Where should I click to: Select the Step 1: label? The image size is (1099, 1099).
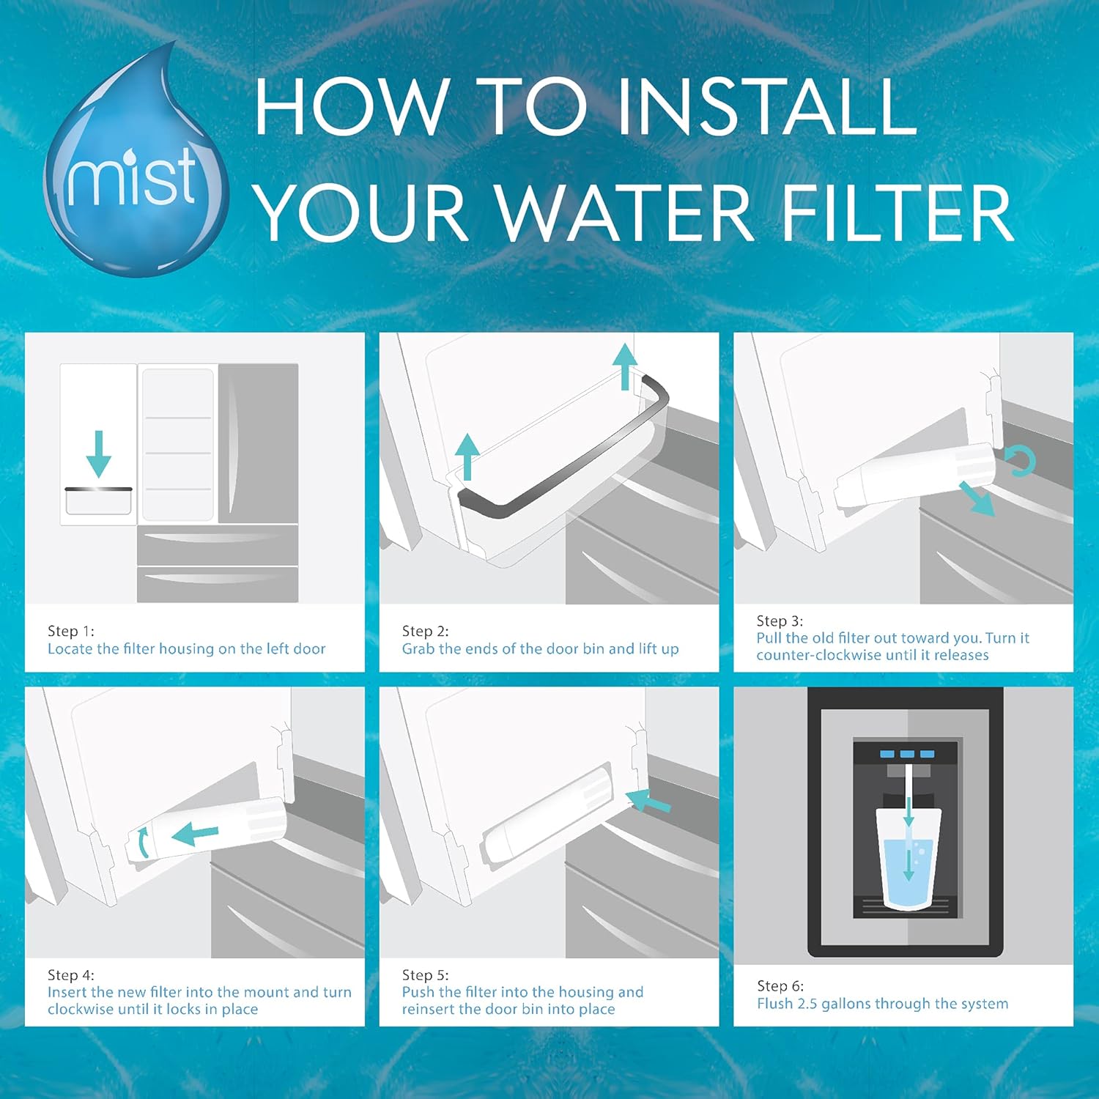tap(71, 631)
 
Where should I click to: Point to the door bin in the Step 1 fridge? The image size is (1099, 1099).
tap(98, 501)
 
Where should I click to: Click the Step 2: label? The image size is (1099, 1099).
tap(425, 631)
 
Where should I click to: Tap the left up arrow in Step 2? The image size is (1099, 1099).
tap(467, 456)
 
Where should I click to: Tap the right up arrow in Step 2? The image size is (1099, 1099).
tap(624, 366)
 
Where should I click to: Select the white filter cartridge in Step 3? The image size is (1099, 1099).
tap(916, 478)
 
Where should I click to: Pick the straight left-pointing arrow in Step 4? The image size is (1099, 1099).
tap(195, 833)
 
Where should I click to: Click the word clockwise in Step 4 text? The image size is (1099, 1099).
tap(81, 1009)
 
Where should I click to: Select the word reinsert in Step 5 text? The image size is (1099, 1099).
tap(428, 1009)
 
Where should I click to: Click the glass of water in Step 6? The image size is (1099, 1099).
tap(909, 857)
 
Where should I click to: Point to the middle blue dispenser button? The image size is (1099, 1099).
tap(908, 754)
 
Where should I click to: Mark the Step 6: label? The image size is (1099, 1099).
tap(780, 985)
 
